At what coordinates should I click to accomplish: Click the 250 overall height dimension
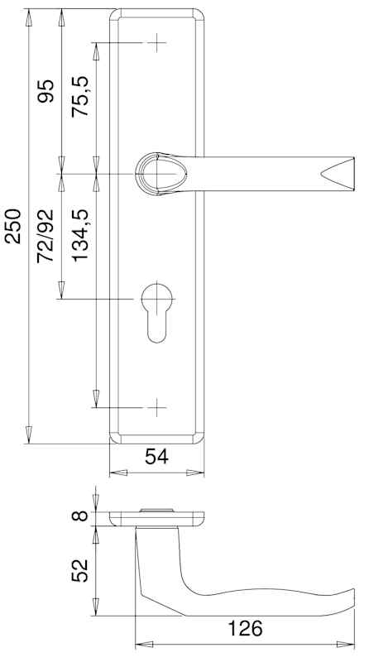[x=12, y=226]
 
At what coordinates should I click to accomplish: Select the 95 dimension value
[x=46, y=91]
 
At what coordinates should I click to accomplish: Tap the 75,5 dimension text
[x=79, y=97]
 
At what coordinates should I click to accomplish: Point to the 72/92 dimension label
[x=46, y=236]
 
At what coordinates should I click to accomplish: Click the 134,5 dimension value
[x=79, y=236]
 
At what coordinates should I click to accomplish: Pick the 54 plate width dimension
[x=156, y=457]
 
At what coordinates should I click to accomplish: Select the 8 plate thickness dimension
[x=79, y=516]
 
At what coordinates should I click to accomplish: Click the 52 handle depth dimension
[x=79, y=571]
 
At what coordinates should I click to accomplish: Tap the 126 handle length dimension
[x=245, y=628]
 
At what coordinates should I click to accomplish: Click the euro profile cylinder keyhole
[x=156, y=312]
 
